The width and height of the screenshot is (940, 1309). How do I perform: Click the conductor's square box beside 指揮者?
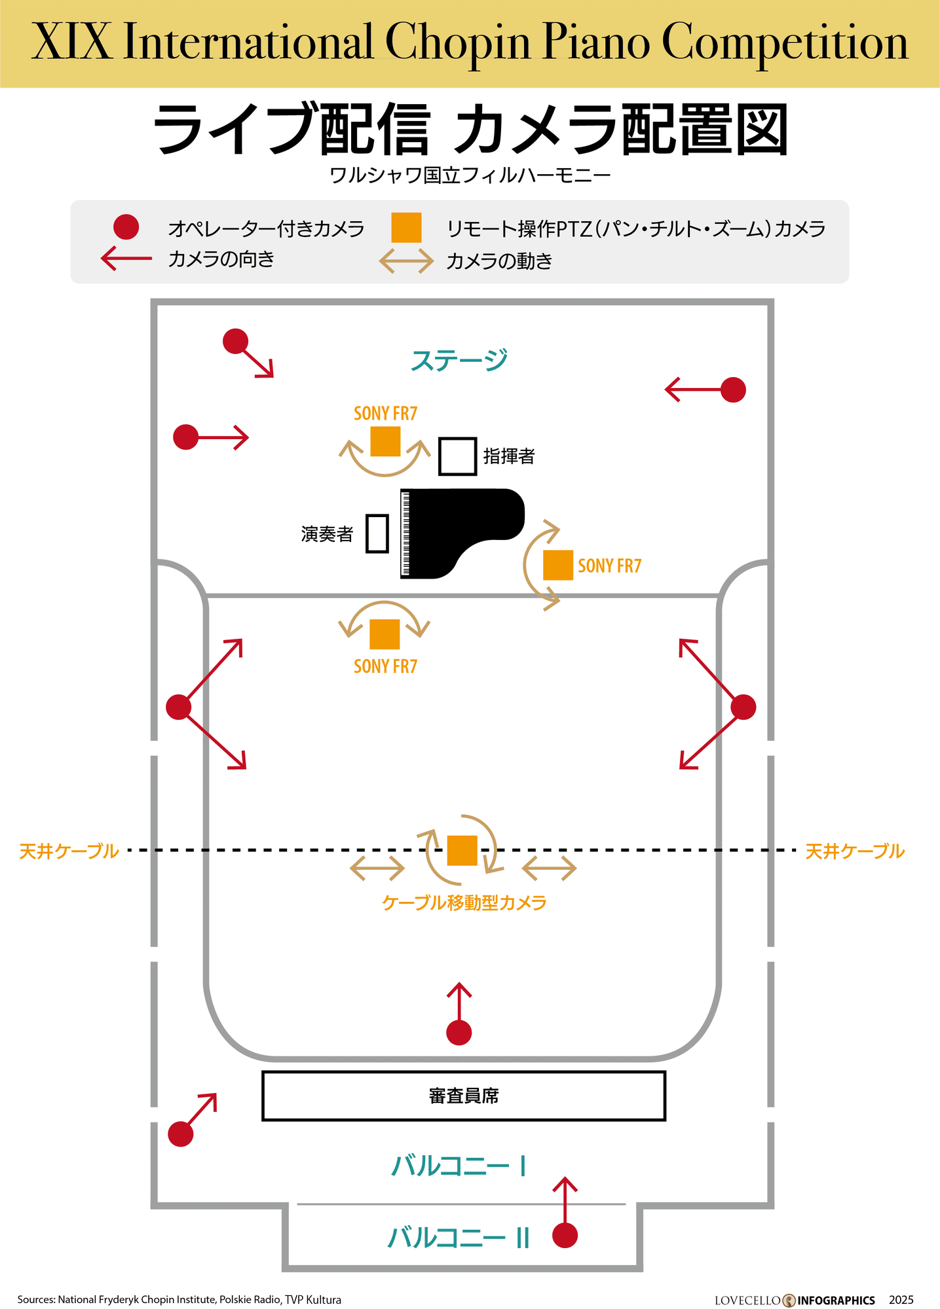457,456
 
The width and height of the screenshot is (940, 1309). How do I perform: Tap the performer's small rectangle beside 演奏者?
377,533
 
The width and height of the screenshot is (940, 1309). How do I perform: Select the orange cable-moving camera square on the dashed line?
462,850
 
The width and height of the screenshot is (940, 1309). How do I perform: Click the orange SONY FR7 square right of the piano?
558,565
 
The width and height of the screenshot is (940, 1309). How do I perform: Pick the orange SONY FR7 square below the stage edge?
385,634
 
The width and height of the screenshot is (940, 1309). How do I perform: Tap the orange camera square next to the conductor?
385,441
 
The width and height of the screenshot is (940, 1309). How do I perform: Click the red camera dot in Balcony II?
565,1236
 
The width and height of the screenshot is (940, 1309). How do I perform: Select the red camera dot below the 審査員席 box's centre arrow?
459,1033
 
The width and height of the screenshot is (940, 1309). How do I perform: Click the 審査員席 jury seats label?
464,1096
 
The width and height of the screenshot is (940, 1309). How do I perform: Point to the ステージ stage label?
459,360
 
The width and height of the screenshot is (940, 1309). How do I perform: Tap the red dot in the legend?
126,227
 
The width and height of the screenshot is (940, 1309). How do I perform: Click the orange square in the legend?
406,227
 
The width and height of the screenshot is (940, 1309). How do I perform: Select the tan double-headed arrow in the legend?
406,261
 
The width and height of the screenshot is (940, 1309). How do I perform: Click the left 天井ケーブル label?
69,851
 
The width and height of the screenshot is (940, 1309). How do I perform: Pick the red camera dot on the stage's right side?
733,390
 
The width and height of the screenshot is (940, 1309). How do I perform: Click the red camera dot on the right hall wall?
743,707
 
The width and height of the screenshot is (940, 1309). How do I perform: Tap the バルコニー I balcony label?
459,1166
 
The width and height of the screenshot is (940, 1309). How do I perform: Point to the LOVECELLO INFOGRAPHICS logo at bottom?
795,1300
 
